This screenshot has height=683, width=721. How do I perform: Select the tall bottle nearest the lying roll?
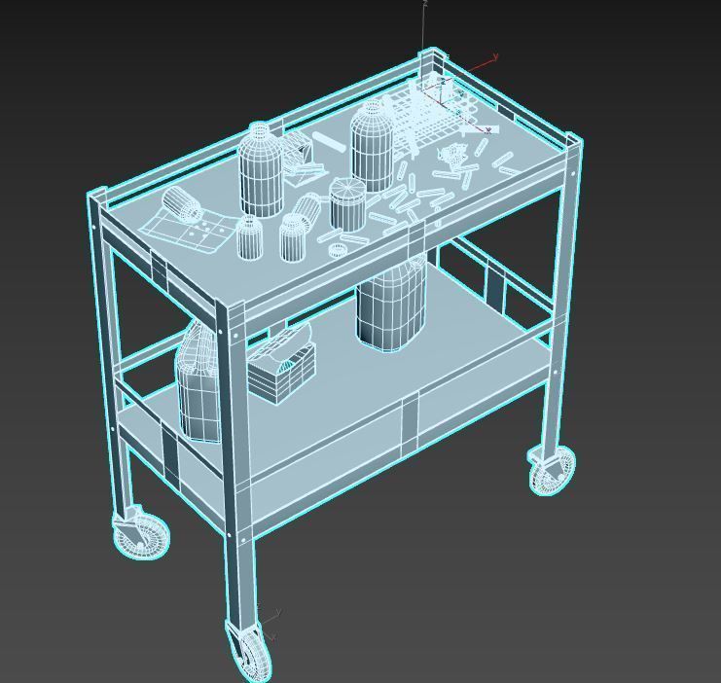point(261,170)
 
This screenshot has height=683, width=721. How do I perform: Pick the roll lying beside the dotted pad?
point(182,204)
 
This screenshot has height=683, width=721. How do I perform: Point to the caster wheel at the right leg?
point(552,469)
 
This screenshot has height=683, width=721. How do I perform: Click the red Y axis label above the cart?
point(496,58)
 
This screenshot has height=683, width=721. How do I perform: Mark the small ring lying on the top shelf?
point(337,250)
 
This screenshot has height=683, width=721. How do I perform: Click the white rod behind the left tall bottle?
point(330,144)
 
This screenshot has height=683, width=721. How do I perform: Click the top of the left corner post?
point(98,195)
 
